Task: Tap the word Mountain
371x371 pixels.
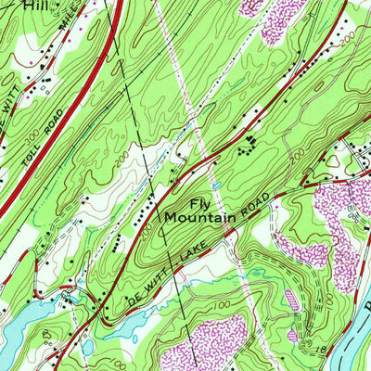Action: pos(200,220)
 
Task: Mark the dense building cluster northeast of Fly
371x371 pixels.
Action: pos(248,145)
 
